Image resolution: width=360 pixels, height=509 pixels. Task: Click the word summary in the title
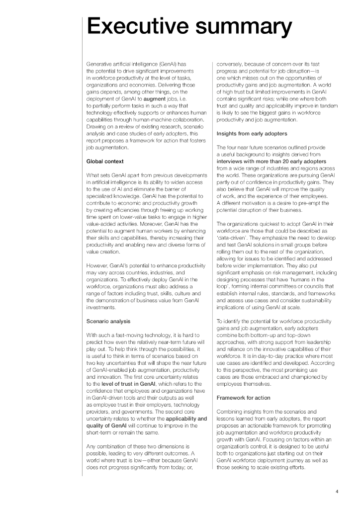[239, 28]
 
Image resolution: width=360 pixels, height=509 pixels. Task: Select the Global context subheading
[105, 162]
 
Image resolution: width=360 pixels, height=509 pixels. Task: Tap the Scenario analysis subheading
[108, 322]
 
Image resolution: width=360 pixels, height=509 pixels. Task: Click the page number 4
[337, 492]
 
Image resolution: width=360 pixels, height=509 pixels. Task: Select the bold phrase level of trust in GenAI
[132, 384]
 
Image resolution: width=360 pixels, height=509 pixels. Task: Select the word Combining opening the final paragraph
[232, 412]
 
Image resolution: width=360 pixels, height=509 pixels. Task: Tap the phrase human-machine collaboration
[171, 120]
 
